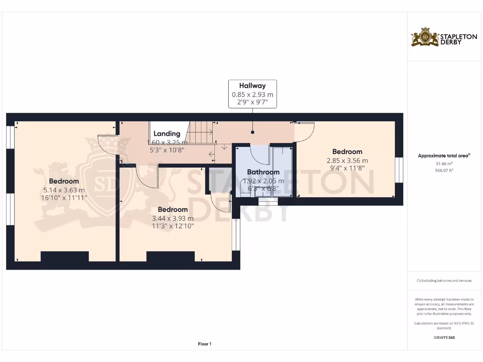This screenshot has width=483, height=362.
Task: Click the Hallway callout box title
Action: tap(252, 86)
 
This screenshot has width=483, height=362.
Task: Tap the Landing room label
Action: tap(167, 133)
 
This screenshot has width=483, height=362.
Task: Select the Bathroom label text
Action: tap(263, 172)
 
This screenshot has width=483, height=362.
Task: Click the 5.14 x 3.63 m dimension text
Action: tap(64, 190)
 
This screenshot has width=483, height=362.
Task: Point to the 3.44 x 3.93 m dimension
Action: tap(173, 218)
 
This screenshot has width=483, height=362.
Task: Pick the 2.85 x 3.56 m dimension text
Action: tap(347, 160)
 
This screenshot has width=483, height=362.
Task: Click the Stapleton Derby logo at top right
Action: tap(437, 37)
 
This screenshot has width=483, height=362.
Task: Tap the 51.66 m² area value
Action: tap(444, 164)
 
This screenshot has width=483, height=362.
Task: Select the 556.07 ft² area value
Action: tap(444, 171)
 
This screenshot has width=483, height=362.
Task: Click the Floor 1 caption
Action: tap(205, 344)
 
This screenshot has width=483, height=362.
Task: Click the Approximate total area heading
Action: tap(444, 156)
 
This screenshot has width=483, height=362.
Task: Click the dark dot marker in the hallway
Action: tap(252, 133)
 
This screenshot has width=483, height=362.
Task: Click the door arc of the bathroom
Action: tap(259, 153)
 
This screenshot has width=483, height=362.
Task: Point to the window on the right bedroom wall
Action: tap(399, 169)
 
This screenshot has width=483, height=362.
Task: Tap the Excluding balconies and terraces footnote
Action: tap(444, 280)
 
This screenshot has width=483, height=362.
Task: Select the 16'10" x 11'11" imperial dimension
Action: tap(64, 198)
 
